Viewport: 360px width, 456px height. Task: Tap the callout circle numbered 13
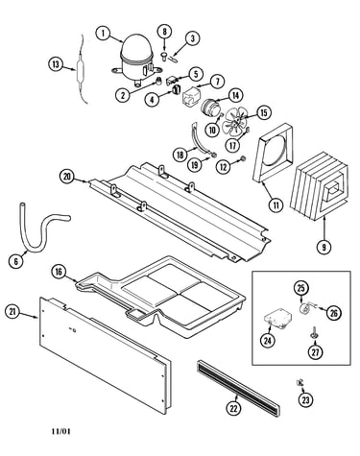click(x=56, y=64)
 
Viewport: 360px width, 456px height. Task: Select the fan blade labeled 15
click(x=236, y=123)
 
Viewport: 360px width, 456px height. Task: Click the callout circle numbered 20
click(x=67, y=177)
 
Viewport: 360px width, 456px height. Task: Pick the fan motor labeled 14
click(x=209, y=107)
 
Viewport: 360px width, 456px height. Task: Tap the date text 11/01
click(x=60, y=431)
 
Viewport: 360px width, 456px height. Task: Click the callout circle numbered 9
click(x=324, y=247)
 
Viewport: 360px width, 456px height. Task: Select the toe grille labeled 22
click(x=238, y=387)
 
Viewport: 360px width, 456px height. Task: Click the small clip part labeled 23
click(x=300, y=382)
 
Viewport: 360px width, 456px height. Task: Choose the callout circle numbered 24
click(x=268, y=341)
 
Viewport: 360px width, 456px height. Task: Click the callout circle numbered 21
click(x=12, y=311)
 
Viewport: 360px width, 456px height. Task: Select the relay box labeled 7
click(x=191, y=95)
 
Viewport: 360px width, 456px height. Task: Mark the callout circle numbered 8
click(x=165, y=32)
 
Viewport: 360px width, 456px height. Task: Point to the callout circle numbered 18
click(x=180, y=155)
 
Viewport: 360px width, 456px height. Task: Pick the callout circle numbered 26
click(x=333, y=313)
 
